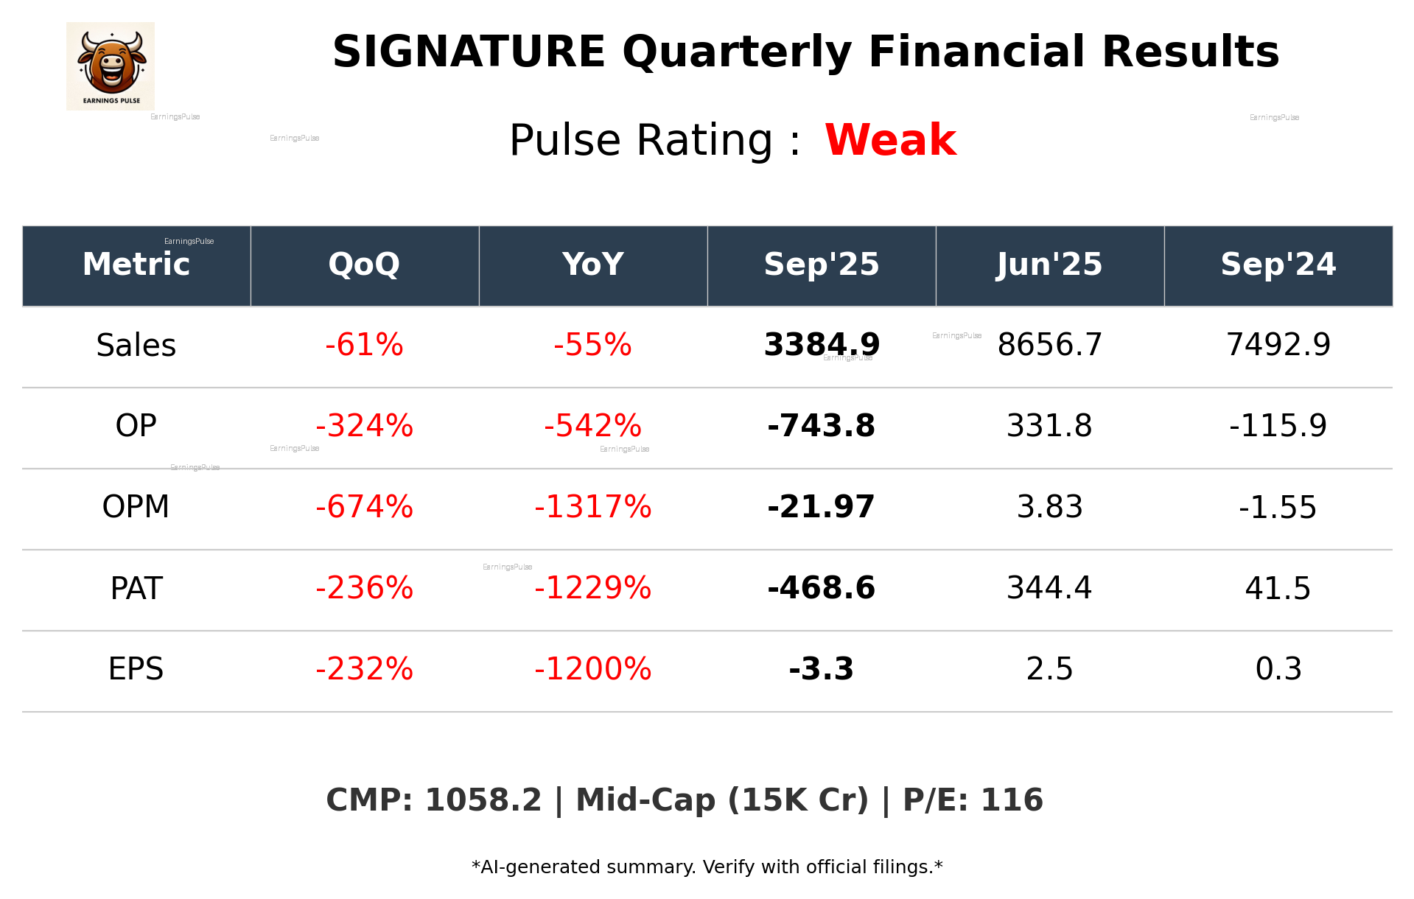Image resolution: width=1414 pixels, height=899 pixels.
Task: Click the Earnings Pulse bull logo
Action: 111,66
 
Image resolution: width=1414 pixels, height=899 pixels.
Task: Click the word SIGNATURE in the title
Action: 469,52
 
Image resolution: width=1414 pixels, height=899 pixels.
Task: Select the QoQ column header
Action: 364,265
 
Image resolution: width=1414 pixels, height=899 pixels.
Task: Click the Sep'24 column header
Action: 1278,265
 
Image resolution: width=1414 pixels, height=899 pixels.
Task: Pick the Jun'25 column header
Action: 1049,265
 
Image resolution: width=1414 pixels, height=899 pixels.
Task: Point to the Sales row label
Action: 136,346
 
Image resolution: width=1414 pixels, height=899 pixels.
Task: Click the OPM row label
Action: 136,507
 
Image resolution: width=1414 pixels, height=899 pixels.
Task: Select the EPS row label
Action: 136,669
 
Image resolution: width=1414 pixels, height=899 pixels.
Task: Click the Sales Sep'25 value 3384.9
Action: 821,345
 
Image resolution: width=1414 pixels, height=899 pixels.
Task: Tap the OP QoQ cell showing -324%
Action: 364,426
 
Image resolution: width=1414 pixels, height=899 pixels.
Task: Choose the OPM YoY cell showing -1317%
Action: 592,507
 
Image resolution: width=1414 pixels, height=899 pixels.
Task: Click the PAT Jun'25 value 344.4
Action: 1049,588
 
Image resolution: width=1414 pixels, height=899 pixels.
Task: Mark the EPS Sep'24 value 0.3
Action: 1278,669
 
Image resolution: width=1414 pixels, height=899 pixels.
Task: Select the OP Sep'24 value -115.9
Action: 1278,426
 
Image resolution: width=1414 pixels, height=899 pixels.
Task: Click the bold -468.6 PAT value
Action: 821,588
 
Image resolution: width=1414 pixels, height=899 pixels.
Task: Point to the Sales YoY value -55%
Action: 592,345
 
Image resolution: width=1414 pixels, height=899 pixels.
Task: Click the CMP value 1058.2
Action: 483,800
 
